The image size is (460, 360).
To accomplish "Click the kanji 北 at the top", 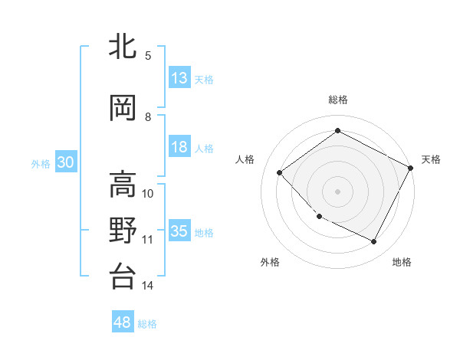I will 123,47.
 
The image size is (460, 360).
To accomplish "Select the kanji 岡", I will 123,109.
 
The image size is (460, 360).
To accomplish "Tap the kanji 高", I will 123,185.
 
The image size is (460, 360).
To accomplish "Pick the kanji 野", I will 123,231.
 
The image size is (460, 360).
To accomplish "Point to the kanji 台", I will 123,276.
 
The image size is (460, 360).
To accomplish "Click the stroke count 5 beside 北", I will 148,55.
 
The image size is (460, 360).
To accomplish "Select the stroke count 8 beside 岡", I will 148,117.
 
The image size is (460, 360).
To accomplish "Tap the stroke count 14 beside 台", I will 148,286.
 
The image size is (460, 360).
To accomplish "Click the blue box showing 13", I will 179,78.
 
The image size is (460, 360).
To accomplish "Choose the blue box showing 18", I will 179,148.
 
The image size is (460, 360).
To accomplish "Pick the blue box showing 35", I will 179,231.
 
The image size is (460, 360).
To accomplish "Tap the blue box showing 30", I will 65,162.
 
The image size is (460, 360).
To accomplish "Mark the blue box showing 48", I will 123,322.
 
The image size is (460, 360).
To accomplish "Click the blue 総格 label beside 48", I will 148,324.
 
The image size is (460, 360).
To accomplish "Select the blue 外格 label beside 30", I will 41,163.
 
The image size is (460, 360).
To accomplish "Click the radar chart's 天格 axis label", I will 431,159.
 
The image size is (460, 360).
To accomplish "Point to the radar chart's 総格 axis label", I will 338,100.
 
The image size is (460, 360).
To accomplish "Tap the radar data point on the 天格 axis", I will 411,169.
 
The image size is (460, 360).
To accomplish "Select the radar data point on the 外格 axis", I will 319,217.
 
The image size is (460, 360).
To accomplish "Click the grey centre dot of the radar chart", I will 337,191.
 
